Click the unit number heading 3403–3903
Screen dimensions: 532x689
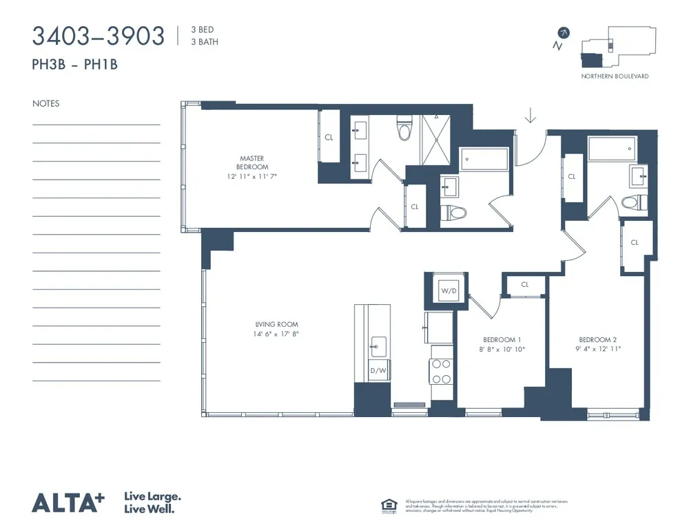99,36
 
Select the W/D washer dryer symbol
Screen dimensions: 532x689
449,290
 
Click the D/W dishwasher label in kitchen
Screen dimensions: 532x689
378,371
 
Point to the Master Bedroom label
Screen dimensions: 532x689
252,162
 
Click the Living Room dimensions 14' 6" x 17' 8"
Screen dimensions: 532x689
276,334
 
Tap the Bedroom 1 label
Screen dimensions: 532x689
501,340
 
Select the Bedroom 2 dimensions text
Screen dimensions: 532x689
597,349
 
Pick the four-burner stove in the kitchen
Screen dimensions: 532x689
441,372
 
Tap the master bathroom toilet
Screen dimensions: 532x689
404,129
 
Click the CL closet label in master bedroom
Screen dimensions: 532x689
329,137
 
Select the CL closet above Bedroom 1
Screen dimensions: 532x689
525,284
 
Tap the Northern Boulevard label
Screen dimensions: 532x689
615,76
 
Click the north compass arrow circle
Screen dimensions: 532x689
564,32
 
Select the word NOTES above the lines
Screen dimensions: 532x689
45,104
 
